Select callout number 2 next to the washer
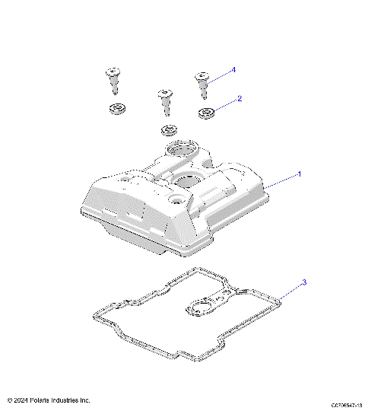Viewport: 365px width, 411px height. coord(240,98)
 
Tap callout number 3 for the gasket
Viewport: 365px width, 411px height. coord(304,283)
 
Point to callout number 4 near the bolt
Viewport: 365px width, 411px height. coord(233,69)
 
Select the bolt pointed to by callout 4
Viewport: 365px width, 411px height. coord(203,82)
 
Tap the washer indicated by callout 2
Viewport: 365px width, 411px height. coord(206,113)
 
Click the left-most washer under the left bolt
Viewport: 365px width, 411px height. coord(117,108)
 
